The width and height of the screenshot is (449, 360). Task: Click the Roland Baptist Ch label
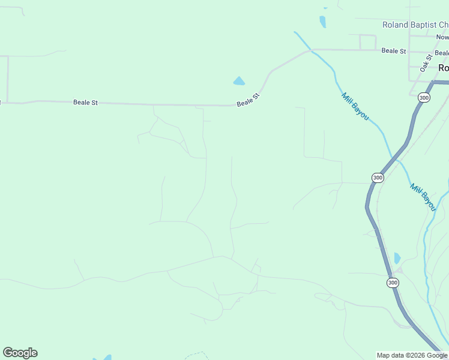click(x=415, y=25)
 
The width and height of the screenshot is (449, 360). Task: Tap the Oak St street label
click(x=426, y=63)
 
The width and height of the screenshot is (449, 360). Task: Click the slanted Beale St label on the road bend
click(x=248, y=100)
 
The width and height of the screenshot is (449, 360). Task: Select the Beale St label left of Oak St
click(x=394, y=51)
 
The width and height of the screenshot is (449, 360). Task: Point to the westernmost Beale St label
click(x=85, y=103)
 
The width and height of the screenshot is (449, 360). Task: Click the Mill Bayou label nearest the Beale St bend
click(x=355, y=106)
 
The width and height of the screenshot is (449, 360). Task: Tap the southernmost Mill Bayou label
click(x=423, y=196)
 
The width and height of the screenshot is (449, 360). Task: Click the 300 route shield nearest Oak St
click(x=424, y=97)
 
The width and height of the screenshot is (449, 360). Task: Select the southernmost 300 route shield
click(x=393, y=282)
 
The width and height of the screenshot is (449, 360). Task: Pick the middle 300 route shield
click(x=377, y=178)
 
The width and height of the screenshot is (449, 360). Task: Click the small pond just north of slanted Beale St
click(x=239, y=81)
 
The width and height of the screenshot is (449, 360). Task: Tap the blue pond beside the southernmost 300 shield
click(x=397, y=259)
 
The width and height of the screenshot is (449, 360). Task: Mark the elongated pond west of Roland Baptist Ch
click(x=323, y=22)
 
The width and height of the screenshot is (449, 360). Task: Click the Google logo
click(x=20, y=353)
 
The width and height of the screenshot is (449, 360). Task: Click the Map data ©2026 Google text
click(x=412, y=355)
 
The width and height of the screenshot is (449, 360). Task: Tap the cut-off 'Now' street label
click(x=442, y=37)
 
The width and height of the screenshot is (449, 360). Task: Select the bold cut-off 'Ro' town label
click(x=443, y=68)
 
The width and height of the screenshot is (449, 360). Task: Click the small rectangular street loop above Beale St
click(x=367, y=42)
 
